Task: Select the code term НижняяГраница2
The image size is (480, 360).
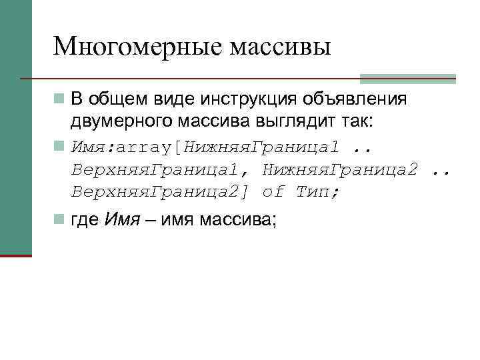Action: pyautogui.click(x=340, y=169)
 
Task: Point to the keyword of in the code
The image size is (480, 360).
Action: pyautogui.click(x=273, y=192)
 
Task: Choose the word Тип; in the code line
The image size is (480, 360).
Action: pyautogui.click(x=317, y=192)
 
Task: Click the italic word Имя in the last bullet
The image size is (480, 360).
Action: pyautogui.click(x=121, y=220)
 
